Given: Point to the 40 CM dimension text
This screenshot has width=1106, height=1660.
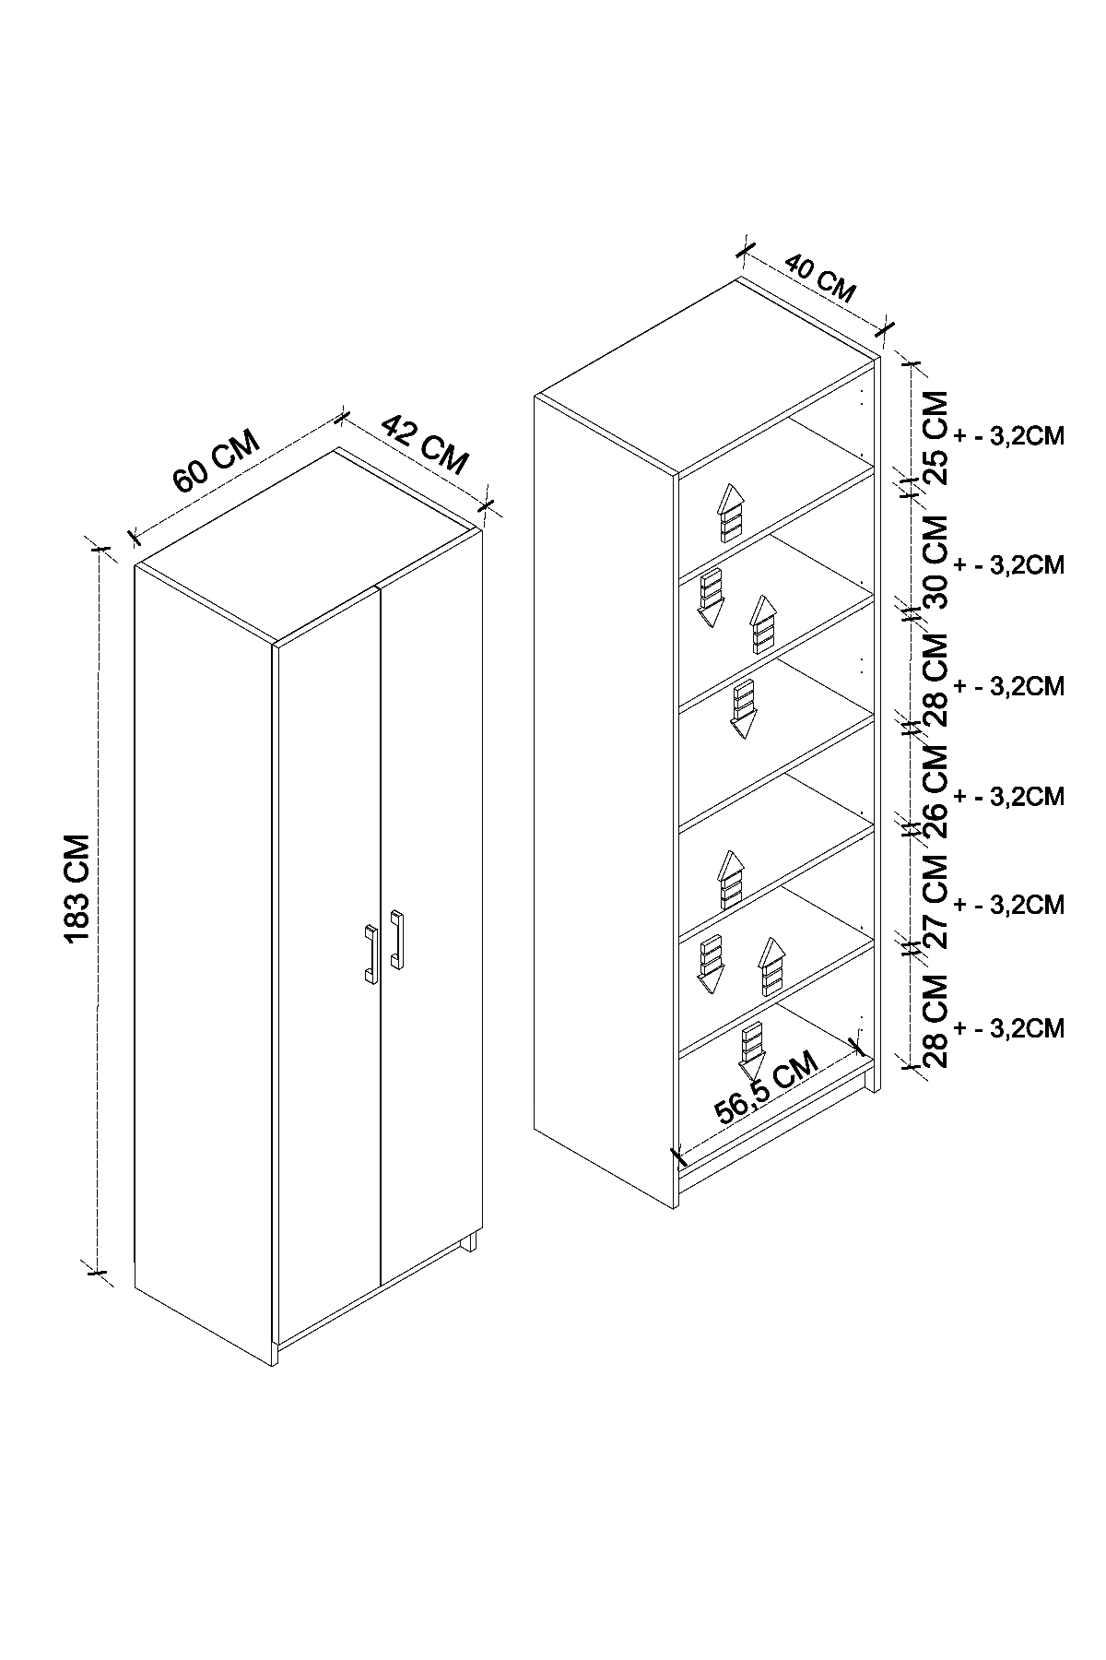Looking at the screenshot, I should point(820,278).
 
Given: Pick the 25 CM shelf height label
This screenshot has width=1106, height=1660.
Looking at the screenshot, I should point(935,437).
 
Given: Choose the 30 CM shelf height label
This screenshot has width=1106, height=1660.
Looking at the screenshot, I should point(935,561).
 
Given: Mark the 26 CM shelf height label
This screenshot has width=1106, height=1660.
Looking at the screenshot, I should point(935,791).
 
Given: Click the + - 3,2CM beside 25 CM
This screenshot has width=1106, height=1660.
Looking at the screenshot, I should point(1010,437).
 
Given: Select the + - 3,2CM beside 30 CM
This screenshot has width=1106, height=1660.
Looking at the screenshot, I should point(1010,564).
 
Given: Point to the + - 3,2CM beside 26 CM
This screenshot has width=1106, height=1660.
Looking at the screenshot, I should point(1010,796).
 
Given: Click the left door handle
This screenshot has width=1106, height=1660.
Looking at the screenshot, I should point(369,953).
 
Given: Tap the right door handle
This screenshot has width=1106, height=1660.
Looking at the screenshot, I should point(396,940).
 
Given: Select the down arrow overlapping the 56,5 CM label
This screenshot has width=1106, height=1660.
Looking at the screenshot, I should point(753,1051).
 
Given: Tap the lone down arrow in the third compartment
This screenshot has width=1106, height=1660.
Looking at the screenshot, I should point(743,708).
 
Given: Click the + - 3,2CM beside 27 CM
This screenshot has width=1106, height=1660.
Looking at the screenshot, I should point(1010,905).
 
